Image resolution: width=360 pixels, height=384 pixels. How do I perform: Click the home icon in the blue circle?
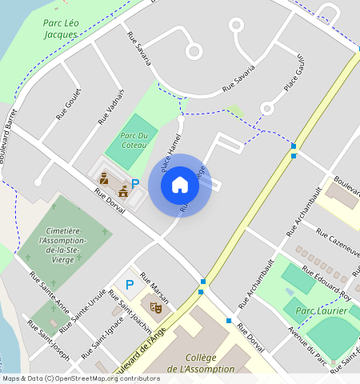point(180,185)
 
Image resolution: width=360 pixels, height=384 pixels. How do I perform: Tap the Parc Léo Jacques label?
point(61,29)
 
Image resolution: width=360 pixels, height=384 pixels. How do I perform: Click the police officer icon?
point(104,180)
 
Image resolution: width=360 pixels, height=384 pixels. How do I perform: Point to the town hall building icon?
point(122,191)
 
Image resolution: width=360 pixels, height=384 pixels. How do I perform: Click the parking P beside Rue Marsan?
point(130,284)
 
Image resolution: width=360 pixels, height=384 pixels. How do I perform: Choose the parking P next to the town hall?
point(135,183)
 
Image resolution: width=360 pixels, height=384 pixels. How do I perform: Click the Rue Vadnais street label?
point(111,106)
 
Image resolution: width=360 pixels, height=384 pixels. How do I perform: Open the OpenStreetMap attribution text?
point(81,378)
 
